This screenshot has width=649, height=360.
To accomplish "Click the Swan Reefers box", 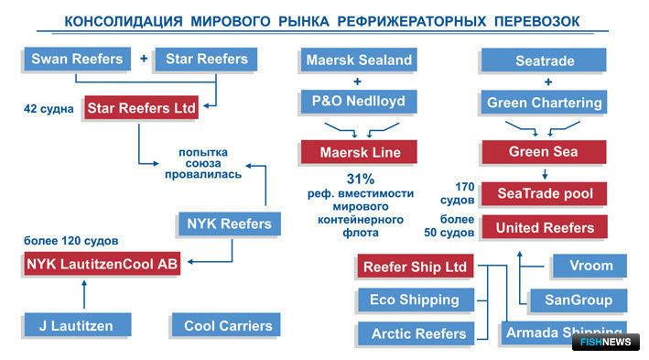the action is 78,59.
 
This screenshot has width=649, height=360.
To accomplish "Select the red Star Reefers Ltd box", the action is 141,108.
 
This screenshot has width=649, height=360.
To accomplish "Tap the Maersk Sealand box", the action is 359,60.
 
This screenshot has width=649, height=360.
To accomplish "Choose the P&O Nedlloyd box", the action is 359,101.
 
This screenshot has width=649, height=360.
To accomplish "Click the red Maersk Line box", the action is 359,152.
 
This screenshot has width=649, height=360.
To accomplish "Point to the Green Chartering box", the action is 544,103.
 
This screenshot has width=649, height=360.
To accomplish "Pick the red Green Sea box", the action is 544,152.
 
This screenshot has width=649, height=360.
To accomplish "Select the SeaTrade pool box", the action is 545,193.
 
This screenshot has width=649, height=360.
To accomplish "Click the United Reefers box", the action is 545,227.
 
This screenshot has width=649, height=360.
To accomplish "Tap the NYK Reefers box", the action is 230,224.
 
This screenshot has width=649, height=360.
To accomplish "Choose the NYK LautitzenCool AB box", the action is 103,264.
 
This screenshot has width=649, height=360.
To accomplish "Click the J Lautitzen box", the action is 78,324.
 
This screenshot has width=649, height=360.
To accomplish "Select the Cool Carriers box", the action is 226,324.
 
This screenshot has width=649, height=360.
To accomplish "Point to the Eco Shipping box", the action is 416,300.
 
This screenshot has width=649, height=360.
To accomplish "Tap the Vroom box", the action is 590,266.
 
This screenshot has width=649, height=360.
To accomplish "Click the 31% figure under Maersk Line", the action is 361,179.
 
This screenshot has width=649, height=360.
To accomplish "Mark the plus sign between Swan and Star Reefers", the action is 144,59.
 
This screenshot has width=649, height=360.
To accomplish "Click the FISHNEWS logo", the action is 606,342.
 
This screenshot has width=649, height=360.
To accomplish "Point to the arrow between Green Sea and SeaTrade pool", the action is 545,174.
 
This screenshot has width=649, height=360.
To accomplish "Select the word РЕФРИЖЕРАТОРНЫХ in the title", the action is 411,21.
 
